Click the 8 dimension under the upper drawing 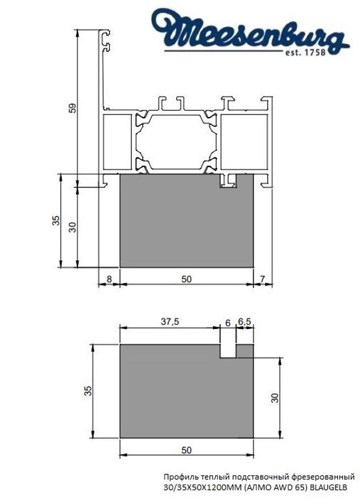point(109,278)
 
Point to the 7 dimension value point(262,278)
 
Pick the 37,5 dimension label point(170,321)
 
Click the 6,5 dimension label point(244,321)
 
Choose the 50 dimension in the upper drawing point(186,278)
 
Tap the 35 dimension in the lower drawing point(87,390)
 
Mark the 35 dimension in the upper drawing point(56,220)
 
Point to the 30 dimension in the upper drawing point(72,226)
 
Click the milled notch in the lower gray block point(227,351)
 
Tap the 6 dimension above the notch point(227,321)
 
